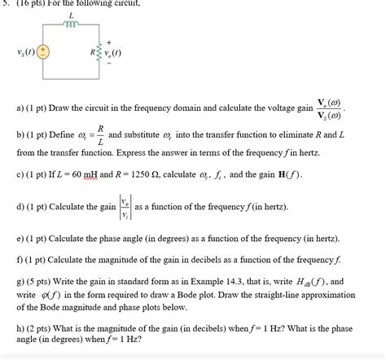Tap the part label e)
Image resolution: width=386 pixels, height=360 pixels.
(20, 239)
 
